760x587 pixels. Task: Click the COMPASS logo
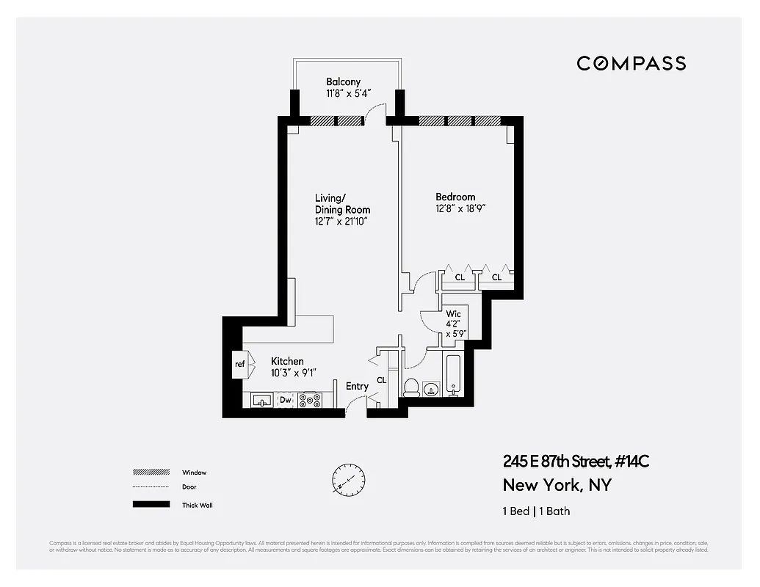click(x=631, y=63)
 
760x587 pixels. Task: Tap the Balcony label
click(x=344, y=82)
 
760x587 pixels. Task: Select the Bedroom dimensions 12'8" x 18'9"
click(x=460, y=208)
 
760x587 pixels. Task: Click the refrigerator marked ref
click(x=239, y=365)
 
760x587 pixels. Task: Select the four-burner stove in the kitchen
click(x=310, y=400)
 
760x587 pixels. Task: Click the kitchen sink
click(x=262, y=400)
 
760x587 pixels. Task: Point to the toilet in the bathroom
click(x=411, y=386)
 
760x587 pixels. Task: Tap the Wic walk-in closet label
click(x=453, y=314)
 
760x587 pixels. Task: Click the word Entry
click(x=357, y=386)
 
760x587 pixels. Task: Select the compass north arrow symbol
click(x=347, y=481)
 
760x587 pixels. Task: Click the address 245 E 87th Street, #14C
click(x=576, y=462)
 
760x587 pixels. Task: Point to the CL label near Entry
click(x=381, y=380)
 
